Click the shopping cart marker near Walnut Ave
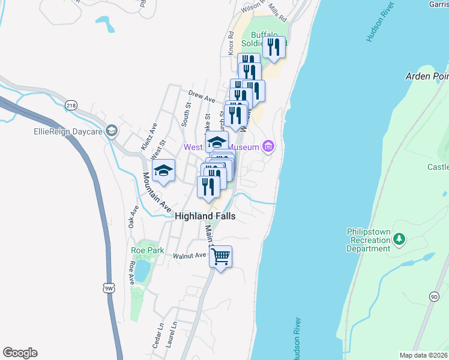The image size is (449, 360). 221,257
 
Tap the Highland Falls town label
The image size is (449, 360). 205,216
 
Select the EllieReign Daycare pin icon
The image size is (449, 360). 110,131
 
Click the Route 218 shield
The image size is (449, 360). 71,105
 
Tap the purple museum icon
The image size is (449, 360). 268,147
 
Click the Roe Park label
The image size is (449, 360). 147,250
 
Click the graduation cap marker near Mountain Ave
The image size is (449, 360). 163,171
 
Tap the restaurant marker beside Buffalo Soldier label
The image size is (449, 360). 274,47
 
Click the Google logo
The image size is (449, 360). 20,353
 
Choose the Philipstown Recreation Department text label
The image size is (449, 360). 369,240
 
